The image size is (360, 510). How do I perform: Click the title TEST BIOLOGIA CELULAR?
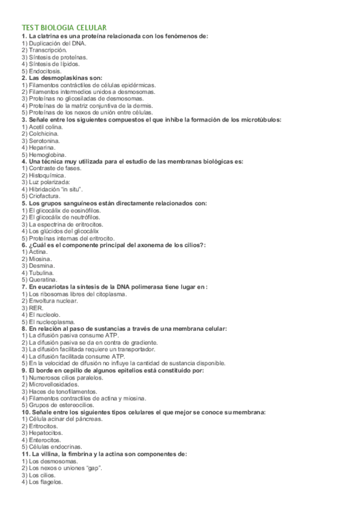point(64,28)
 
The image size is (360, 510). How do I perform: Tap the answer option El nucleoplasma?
point(47,322)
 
